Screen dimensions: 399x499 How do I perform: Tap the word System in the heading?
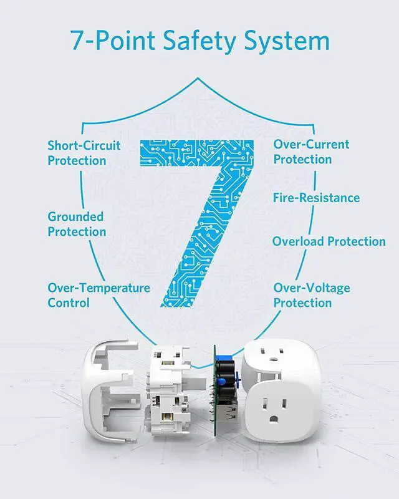287,41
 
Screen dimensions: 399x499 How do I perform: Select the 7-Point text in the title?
113,41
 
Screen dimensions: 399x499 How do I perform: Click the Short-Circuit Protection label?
84,153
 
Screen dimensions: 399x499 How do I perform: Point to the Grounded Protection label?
77,224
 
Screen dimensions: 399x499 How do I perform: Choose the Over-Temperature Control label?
99,295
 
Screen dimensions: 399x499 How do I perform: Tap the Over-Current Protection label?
311,152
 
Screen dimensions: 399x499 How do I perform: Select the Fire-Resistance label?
316,198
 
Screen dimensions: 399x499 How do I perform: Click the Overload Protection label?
329,241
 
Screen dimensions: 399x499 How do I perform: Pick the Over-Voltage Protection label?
312,295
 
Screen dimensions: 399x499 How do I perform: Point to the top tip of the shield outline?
198,77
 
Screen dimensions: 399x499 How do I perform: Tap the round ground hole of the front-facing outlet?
273,419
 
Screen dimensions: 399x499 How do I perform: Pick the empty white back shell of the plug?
110,392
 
